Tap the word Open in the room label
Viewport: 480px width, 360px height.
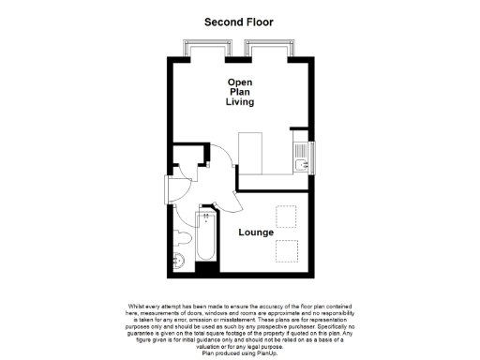coord(240,82)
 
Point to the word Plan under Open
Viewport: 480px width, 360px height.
coord(240,93)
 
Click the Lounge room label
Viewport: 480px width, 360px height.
coord(256,232)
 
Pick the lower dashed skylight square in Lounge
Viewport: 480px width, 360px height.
coord(286,250)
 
